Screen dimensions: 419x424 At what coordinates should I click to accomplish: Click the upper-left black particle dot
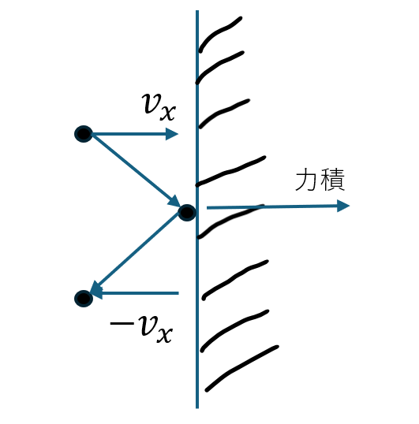pyautogui.click(x=84, y=134)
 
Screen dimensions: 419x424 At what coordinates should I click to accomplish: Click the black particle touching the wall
pyautogui.click(x=187, y=213)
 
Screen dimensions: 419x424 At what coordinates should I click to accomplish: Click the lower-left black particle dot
pyautogui.click(x=84, y=299)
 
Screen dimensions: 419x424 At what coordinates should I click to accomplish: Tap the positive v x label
pyautogui.click(x=159, y=107)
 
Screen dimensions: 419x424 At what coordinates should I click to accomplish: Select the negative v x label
pyautogui.click(x=141, y=329)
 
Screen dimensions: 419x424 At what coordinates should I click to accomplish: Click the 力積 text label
pyautogui.click(x=320, y=179)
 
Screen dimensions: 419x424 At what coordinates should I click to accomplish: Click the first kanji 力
pyautogui.click(x=306, y=179)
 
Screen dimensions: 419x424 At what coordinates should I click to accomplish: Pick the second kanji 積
pyautogui.click(x=333, y=179)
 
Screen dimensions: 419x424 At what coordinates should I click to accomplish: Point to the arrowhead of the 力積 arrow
pyautogui.click(x=343, y=206)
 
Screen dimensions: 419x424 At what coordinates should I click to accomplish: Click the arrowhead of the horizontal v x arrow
pyautogui.click(x=171, y=134)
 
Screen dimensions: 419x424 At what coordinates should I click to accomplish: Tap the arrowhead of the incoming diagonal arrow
pyautogui.click(x=174, y=202)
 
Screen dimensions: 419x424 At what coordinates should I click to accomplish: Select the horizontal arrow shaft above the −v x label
pyautogui.click(x=140, y=293)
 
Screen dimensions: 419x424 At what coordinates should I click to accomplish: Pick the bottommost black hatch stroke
pyautogui.click(x=241, y=368)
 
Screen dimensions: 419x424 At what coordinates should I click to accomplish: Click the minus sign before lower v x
pyautogui.click(x=122, y=323)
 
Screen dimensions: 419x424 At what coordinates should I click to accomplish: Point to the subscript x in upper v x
pyautogui.click(x=168, y=113)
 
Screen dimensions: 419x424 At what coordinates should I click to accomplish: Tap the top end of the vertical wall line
pyautogui.click(x=197, y=10)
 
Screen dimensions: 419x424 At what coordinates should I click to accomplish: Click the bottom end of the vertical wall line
pyautogui.click(x=197, y=408)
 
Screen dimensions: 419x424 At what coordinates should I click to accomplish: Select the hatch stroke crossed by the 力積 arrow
pyautogui.click(x=230, y=220)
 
